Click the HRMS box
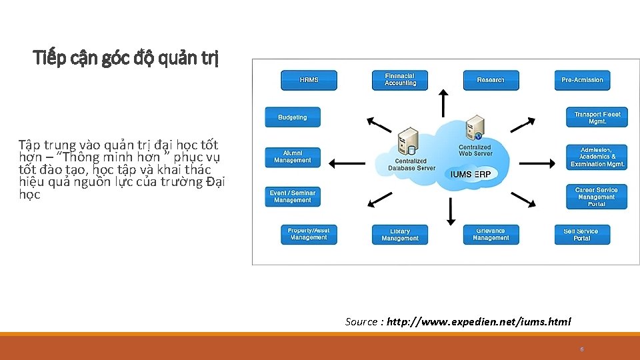(x=309, y=80)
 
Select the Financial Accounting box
(x=400, y=80)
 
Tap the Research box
(x=491, y=80)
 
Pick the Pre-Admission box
(x=582, y=80)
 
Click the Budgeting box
(x=293, y=117)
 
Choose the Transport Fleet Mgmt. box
(x=597, y=117)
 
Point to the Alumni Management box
(x=293, y=157)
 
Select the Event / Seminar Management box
(x=293, y=197)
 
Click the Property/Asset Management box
(x=309, y=234)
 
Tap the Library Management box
(x=400, y=235)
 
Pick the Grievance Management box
(x=491, y=235)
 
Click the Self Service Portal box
(x=582, y=235)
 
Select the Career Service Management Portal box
(x=597, y=197)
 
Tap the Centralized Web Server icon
(x=475, y=127)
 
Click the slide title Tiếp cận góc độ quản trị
(x=126, y=59)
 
